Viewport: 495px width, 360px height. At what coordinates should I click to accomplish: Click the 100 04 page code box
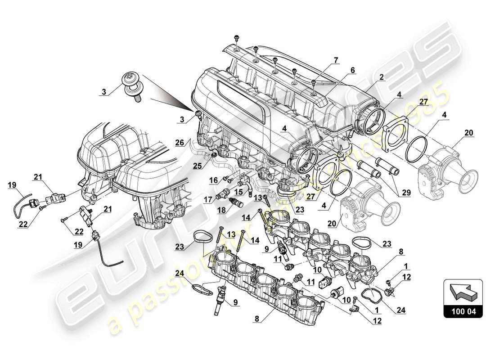tap(463, 310)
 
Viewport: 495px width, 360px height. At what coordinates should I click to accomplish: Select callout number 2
tap(381, 77)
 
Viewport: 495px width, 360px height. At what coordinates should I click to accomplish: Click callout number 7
tap(335, 60)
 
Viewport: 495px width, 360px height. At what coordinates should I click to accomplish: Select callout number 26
tap(179, 143)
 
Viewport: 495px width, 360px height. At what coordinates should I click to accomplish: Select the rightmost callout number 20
tap(468, 133)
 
